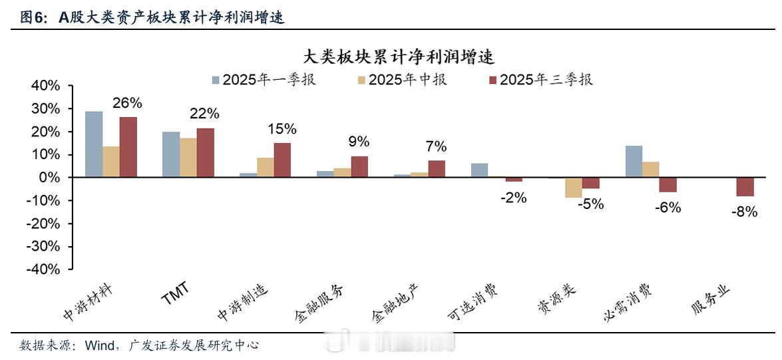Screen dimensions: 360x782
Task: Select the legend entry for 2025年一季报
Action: click(264, 80)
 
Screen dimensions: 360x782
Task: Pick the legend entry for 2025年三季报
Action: click(540, 80)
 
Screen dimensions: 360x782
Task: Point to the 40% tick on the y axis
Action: click(45, 86)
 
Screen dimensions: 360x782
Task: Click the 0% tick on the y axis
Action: click(49, 178)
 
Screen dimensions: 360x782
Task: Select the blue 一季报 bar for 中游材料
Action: click(94, 144)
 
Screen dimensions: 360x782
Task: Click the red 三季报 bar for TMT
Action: click(206, 153)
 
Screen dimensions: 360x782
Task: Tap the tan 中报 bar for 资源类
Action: click(574, 188)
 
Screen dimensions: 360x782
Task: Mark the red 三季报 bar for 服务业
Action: click(745, 187)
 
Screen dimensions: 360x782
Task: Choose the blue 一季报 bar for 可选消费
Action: click(479, 170)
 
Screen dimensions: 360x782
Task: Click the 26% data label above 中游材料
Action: click(127, 103)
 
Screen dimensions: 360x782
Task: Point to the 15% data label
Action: click(282, 129)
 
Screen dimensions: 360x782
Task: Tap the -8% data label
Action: click(744, 212)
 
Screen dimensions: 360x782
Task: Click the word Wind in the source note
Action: click(98, 345)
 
